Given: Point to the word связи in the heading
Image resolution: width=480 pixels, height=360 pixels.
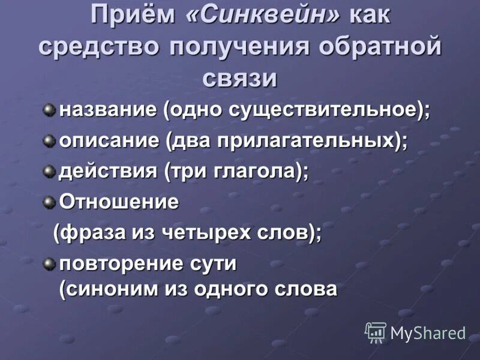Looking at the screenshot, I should click(x=240, y=78).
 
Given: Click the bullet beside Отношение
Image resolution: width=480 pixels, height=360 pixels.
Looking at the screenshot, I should click(x=48, y=202).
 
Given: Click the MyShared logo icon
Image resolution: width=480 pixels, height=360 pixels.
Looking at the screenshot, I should click(x=376, y=332).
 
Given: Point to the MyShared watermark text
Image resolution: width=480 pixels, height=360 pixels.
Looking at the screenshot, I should click(x=428, y=334).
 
